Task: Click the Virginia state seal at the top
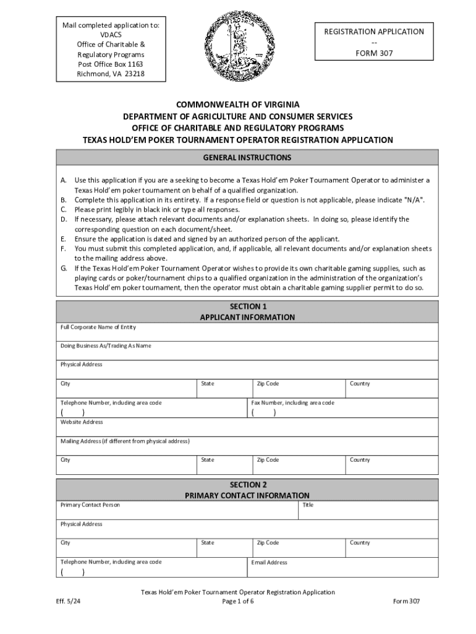click(238, 45)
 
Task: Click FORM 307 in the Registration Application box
click(370, 53)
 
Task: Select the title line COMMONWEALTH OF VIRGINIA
click(238, 105)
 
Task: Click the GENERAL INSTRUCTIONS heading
click(247, 158)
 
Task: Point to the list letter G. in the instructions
click(64, 269)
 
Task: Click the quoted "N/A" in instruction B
click(414, 200)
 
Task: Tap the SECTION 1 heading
click(248, 306)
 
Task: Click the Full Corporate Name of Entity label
click(98, 327)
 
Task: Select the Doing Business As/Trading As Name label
click(105, 345)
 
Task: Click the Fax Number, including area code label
click(293, 403)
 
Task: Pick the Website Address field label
click(82, 422)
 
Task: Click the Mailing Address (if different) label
click(125, 441)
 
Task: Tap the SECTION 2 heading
click(248, 485)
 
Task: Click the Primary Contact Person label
click(90, 505)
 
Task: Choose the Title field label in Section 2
click(308, 505)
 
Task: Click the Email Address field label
click(270, 563)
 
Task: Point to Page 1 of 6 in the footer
click(238, 601)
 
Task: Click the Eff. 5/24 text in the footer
click(69, 601)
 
